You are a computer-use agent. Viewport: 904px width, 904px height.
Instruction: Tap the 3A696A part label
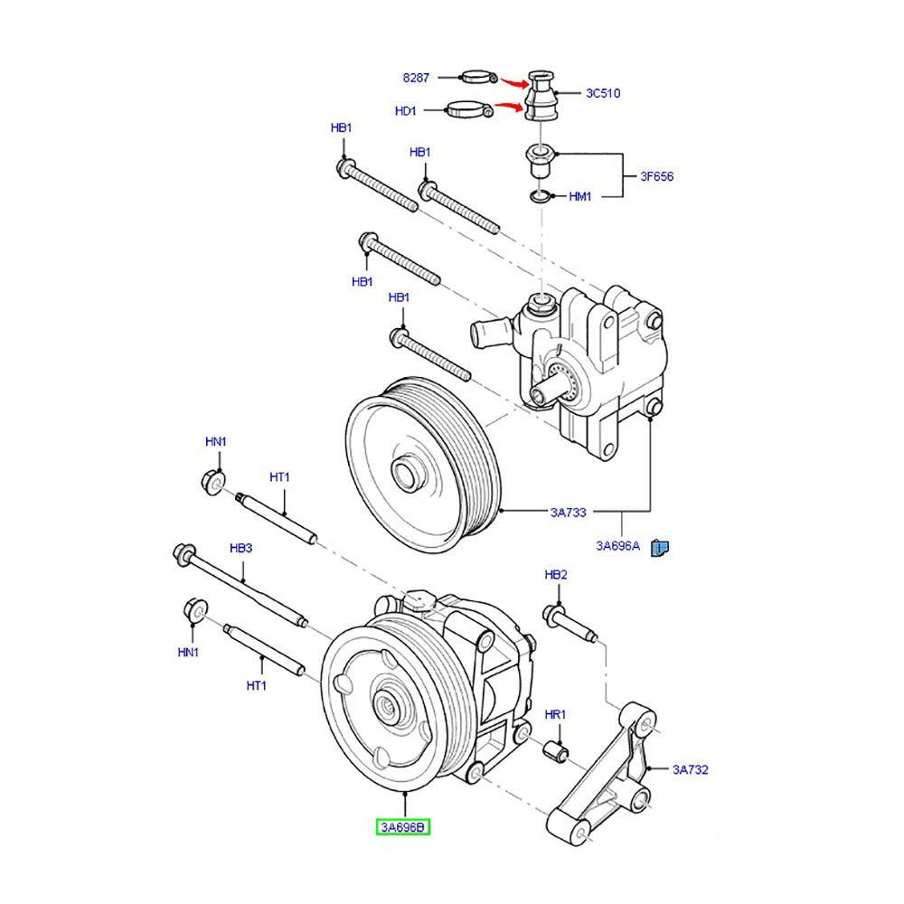pyautogui.click(x=617, y=545)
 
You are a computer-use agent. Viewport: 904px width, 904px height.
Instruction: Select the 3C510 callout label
pyautogui.click(x=602, y=93)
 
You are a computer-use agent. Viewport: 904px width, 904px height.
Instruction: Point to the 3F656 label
pyautogui.click(x=656, y=176)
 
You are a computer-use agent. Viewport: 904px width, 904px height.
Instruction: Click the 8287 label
pyautogui.click(x=416, y=78)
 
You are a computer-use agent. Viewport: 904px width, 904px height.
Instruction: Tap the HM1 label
pyautogui.click(x=579, y=196)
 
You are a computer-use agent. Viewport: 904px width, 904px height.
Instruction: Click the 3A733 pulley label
pyautogui.click(x=569, y=512)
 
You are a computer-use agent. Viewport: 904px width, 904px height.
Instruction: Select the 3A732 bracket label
pyautogui.click(x=690, y=770)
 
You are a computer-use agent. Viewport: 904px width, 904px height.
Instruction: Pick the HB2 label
pyautogui.click(x=556, y=575)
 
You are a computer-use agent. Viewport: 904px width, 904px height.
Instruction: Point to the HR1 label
pyautogui.click(x=555, y=714)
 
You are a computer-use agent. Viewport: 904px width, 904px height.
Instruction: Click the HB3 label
pyautogui.click(x=240, y=548)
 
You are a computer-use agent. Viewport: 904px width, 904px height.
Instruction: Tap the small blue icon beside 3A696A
pyautogui.click(x=663, y=546)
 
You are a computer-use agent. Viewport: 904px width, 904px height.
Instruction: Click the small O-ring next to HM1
pyautogui.click(x=540, y=196)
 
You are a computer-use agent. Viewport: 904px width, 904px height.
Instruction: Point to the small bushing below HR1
pyautogui.click(x=556, y=750)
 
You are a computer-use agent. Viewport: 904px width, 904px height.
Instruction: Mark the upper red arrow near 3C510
pyautogui.click(x=516, y=82)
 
